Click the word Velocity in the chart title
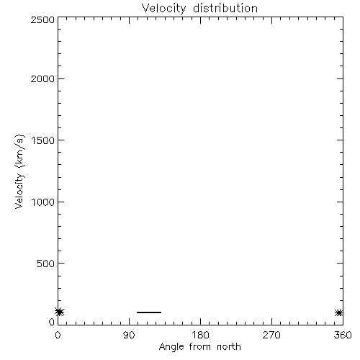tap(163, 9)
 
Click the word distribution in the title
tap(225, 8)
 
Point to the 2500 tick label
tap(42, 19)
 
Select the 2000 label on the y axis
tap(42, 78)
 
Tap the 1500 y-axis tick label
tap(43, 140)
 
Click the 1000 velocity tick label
tap(43, 202)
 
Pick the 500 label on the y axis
tap(45, 264)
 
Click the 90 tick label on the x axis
tap(129, 335)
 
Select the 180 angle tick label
tap(200, 335)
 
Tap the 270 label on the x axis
tap(271, 335)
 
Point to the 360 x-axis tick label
tap(343, 335)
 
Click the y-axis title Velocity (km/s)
tap(19, 171)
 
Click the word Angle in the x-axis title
tap(171, 347)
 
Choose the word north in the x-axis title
tap(229, 346)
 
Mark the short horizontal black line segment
tap(149, 312)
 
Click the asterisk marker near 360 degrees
tap(339, 312)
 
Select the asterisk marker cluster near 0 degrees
tap(59, 312)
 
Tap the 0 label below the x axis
tap(58, 335)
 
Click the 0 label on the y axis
tap(52, 322)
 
